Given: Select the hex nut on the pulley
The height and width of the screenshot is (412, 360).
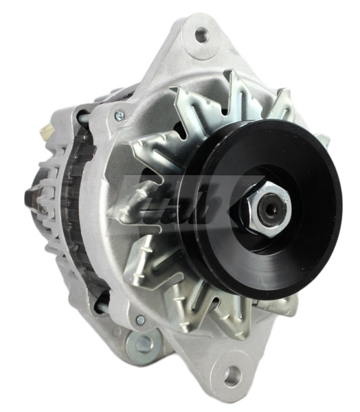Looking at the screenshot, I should point(263,209).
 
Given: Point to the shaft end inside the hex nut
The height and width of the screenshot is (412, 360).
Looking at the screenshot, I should point(270,209).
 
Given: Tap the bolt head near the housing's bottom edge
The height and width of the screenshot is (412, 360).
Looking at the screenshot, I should point(140,320).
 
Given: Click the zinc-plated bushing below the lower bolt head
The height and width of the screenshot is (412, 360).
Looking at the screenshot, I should point(144,341).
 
